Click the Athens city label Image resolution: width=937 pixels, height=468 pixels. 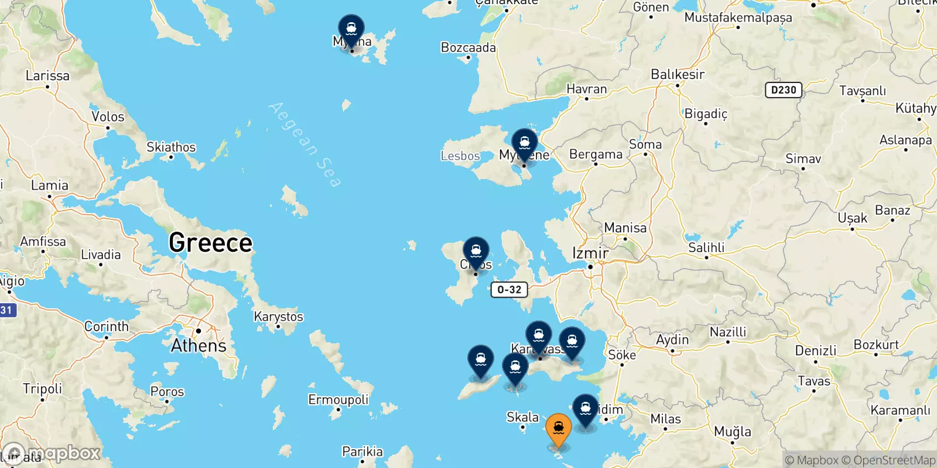pyautogui.click(x=199, y=346)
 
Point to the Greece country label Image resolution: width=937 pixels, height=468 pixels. pyautogui.click(x=210, y=243)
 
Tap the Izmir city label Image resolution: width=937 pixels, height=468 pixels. pyautogui.click(x=590, y=253)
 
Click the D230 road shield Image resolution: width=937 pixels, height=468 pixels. pyautogui.click(x=784, y=90)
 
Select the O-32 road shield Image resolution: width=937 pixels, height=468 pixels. pyautogui.click(x=509, y=290)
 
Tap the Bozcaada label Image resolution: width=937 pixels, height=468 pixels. pyautogui.click(x=468, y=48)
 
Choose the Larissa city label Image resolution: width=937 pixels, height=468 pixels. pyautogui.click(x=47, y=76)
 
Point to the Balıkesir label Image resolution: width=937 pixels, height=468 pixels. pyautogui.click(x=678, y=74)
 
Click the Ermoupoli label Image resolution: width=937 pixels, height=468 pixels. pyautogui.click(x=338, y=400)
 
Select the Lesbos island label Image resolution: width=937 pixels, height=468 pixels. pyautogui.click(x=460, y=156)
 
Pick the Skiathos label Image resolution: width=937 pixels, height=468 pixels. pyautogui.click(x=171, y=147)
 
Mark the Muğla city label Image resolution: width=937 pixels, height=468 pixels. pyautogui.click(x=732, y=432)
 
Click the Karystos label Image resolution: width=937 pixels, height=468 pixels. pyautogui.click(x=278, y=316)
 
